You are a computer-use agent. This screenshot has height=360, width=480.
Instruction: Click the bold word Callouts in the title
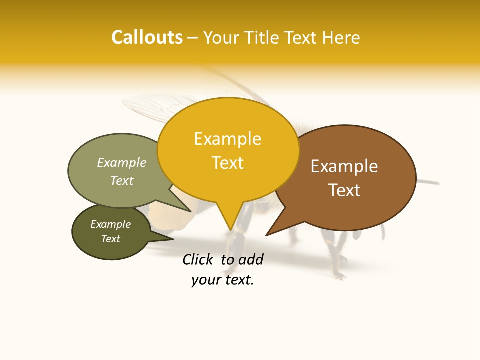coord(147,37)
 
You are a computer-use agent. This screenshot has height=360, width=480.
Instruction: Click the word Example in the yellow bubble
coord(227,139)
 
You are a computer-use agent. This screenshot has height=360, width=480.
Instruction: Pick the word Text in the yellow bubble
coord(227,163)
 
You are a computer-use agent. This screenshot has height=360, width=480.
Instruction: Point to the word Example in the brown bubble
coord(344,166)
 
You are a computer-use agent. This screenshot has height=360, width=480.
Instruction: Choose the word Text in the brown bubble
coord(344,190)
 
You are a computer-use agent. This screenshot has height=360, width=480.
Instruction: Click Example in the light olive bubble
coord(122,163)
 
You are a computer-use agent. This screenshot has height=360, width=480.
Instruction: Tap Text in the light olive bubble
coord(122,181)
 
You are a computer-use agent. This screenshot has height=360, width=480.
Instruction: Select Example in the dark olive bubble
coord(110,224)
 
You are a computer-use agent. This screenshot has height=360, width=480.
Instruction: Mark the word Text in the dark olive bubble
coord(110,239)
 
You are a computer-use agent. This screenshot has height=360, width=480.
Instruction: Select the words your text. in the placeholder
coord(223,280)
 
